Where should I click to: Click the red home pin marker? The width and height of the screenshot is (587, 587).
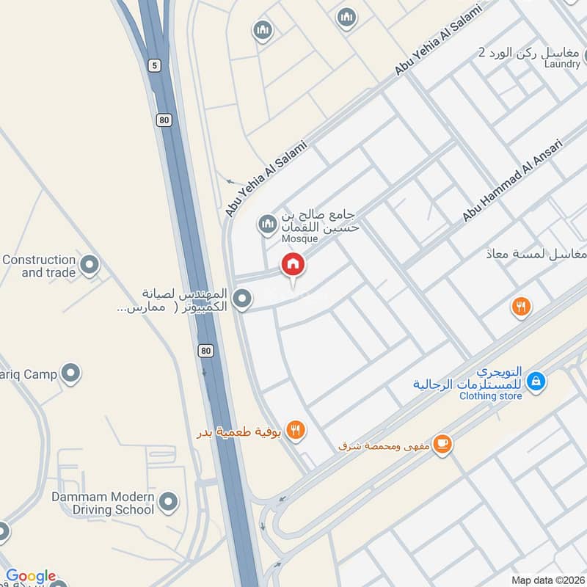point(293,265)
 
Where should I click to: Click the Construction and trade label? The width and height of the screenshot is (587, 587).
point(39,266)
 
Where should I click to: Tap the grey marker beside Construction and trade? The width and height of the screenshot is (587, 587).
point(90,265)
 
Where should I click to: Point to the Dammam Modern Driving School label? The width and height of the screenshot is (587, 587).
point(103,503)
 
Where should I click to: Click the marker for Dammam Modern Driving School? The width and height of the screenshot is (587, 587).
point(169,502)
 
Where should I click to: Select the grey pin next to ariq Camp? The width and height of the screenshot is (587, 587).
point(71,374)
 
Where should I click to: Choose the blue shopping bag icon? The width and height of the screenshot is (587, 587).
point(537,381)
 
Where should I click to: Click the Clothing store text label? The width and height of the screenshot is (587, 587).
point(491,396)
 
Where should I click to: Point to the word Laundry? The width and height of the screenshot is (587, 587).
point(562,65)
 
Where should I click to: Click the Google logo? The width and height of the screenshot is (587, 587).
point(31,576)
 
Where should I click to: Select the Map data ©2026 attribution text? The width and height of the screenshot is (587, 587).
point(547,580)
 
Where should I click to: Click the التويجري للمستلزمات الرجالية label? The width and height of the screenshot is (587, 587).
point(469,377)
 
